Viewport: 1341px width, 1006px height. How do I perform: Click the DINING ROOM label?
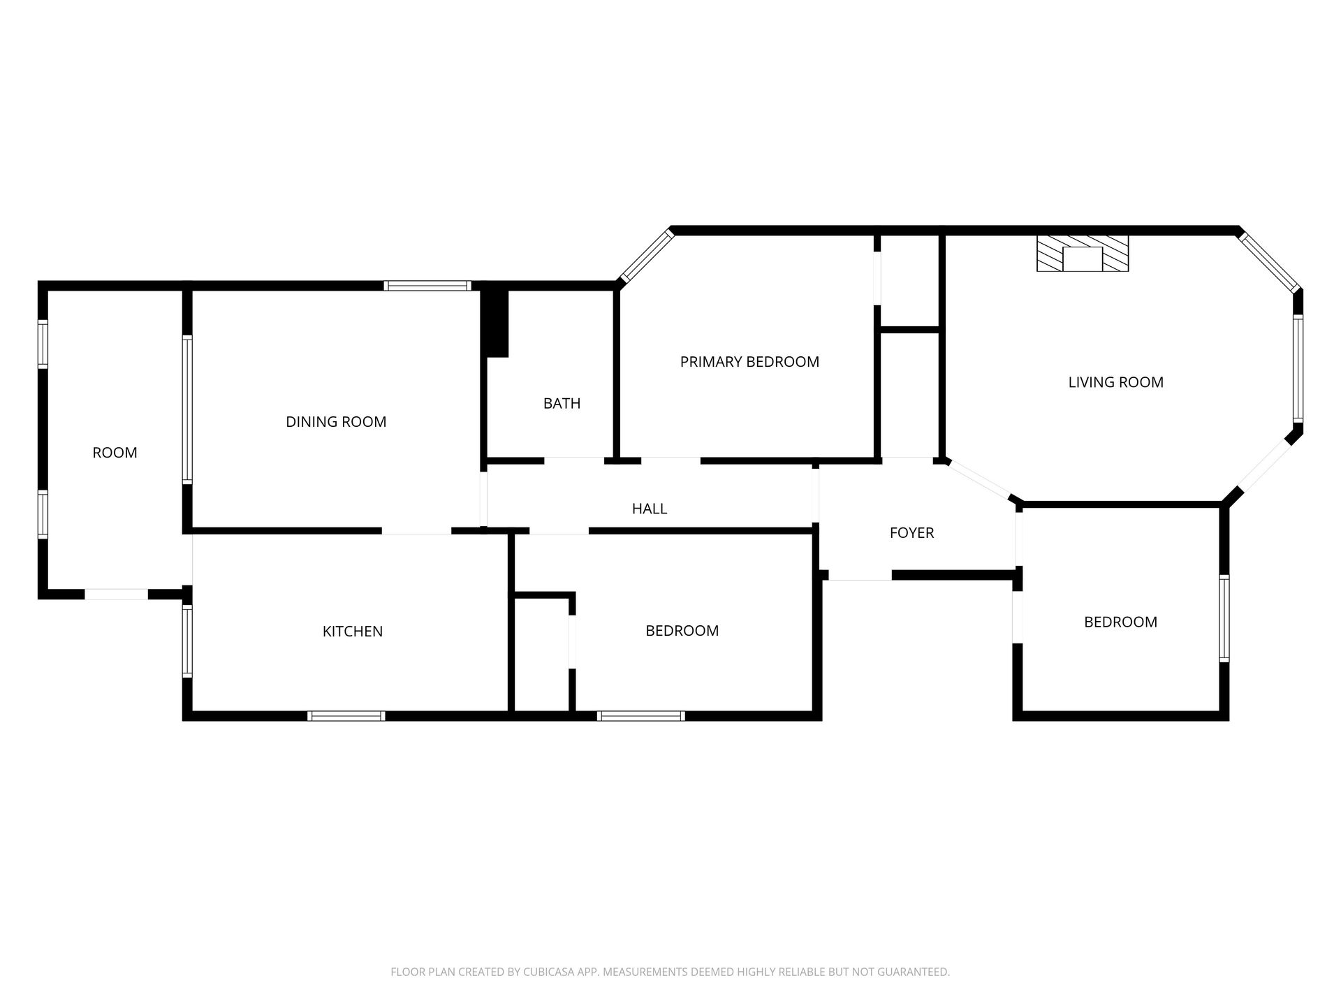336,422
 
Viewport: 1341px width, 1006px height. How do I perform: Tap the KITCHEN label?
353,632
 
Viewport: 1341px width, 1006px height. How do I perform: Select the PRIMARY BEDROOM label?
749,362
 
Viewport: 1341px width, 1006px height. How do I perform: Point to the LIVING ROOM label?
1116,382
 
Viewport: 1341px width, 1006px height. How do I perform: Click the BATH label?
562,403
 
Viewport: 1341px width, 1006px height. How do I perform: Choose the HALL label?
650,509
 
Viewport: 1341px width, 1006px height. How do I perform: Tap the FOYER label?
912,533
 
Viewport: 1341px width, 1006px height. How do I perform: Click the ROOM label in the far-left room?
115,453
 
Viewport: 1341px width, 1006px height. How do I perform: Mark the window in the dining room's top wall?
427,286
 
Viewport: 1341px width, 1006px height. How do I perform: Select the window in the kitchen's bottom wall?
346,716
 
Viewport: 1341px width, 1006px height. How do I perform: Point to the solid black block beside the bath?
496,323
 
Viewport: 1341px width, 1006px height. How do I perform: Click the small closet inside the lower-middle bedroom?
541,655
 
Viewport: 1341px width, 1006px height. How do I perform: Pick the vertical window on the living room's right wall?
1298,369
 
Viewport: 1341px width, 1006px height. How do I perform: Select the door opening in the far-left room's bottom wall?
117,595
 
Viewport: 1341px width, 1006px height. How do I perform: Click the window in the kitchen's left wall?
187,641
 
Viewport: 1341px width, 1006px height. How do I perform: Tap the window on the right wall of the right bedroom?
1224,618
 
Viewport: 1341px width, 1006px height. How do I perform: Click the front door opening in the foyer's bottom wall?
860,576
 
